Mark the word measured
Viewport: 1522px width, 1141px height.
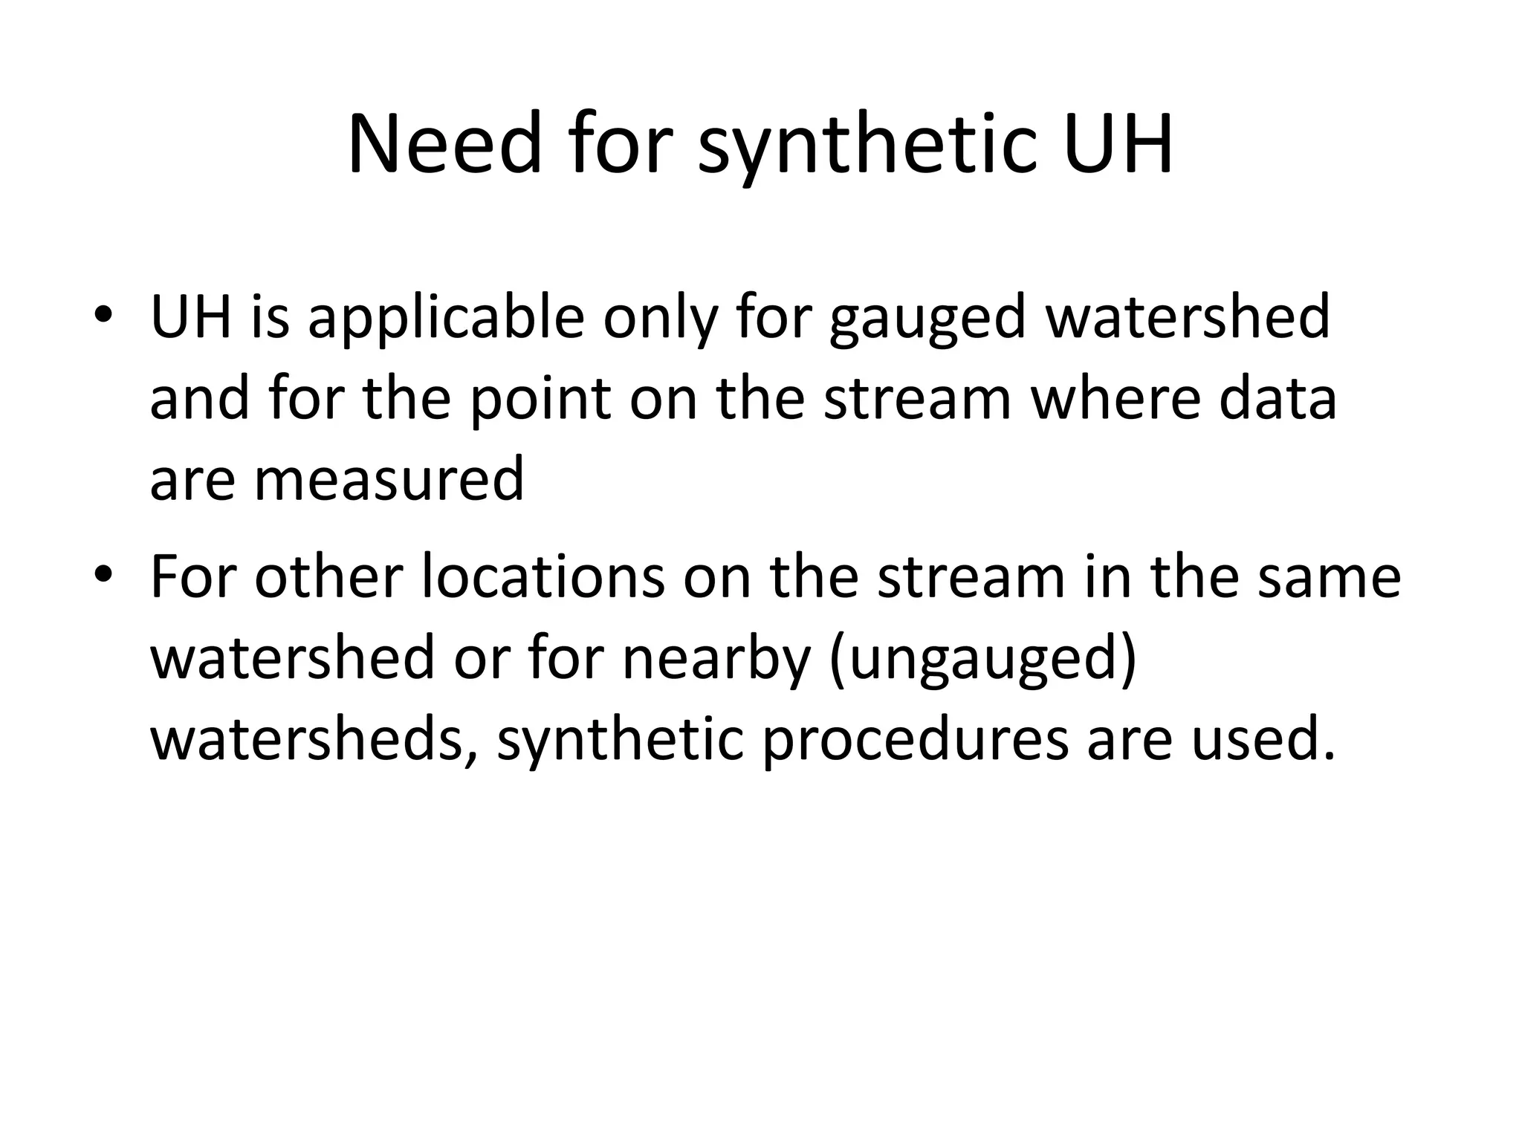[x=389, y=479]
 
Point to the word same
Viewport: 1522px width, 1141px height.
[x=1328, y=577]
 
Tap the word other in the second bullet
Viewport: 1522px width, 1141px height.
[x=328, y=577]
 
